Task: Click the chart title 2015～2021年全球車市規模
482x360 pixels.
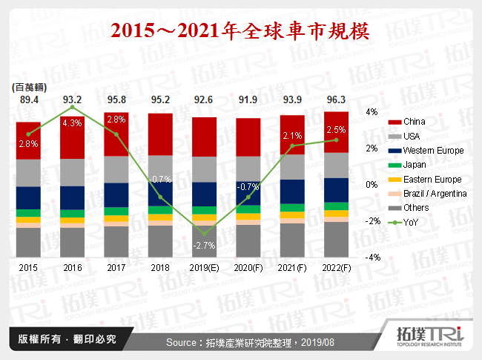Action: coord(241,30)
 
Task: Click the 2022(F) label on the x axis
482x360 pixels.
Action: coord(336,266)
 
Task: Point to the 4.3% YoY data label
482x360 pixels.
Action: coord(72,122)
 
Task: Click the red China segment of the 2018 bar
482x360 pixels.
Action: coord(161,134)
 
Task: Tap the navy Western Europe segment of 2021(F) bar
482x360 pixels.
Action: coord(292,191)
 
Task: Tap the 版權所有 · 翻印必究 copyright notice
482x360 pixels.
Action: coord(63,339)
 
